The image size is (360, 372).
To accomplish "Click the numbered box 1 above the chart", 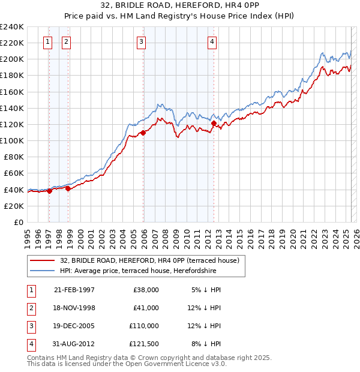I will click(x=47, y=41).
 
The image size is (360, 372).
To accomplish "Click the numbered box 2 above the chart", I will click(x=65, y=41).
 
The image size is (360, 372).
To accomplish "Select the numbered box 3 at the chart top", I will click(x=141, y=41).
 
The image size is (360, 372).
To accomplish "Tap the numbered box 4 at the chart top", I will click(x=212, y=41).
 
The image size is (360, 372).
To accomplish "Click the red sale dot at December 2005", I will click(x=143, y=133).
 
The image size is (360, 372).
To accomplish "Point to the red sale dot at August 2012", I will click(x=214, y=124).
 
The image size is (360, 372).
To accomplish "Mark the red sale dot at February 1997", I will click(x=49, y=191).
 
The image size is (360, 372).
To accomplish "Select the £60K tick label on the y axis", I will click(x=13, y=173).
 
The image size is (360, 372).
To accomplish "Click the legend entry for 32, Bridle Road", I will click(x=149, y=260).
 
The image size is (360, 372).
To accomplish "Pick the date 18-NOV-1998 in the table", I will click(x=74, y=307).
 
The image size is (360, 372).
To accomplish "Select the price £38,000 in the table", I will click(x=145, y=289).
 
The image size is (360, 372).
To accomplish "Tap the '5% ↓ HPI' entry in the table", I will click(x=206, y=289).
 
